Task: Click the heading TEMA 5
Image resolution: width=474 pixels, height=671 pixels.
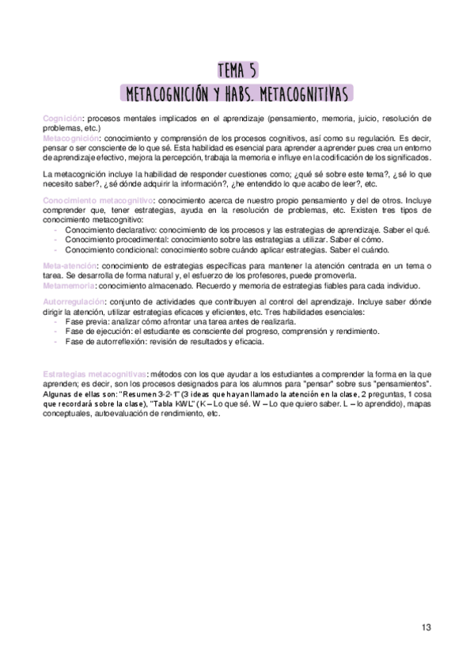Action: [237, 69]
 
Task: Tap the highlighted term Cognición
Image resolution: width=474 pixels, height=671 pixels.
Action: [63, 118]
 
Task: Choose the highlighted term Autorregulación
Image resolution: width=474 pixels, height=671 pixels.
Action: [74, 302]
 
